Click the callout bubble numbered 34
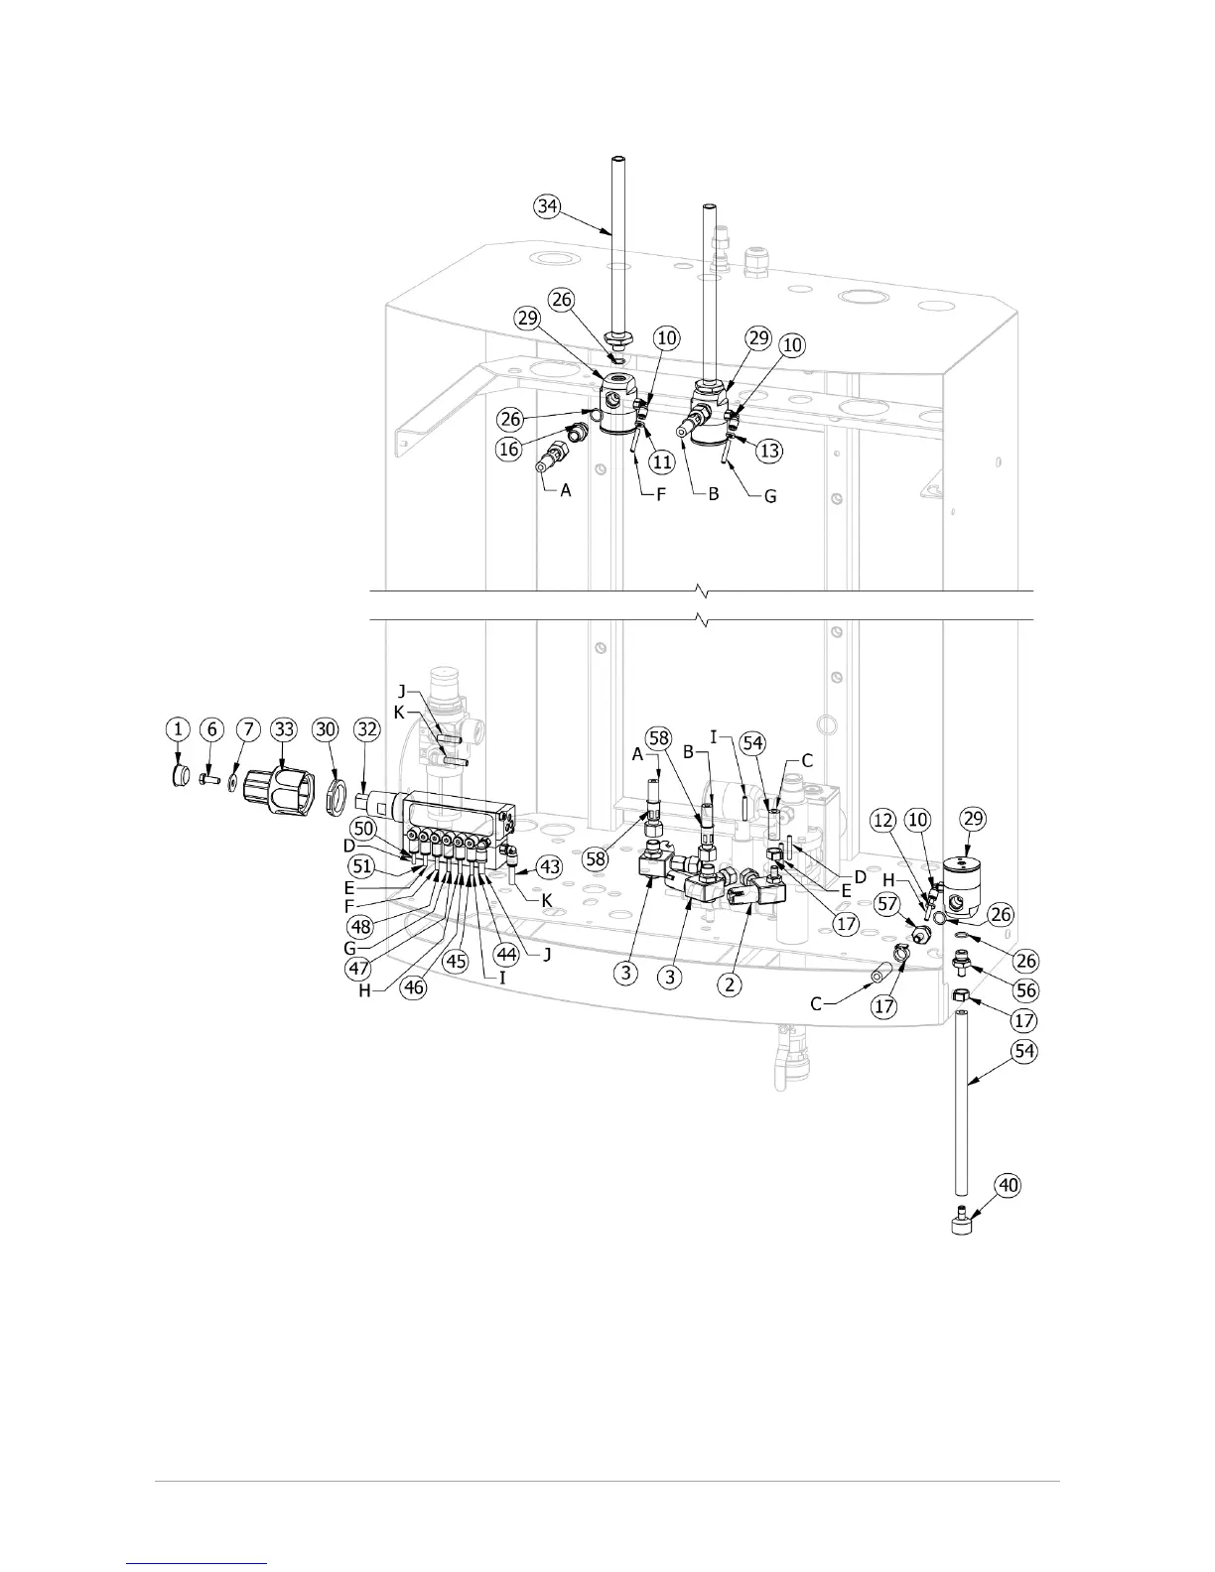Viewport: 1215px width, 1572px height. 547,206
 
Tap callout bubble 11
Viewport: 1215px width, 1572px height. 662,461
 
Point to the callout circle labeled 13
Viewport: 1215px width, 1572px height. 769,451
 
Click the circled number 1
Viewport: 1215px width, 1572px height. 178,729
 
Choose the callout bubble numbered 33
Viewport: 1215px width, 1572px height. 285,729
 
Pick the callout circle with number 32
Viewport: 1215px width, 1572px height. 367,729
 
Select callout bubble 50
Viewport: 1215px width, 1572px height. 364,827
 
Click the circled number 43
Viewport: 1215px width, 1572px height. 548,865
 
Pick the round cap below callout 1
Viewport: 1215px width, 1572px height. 180,775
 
